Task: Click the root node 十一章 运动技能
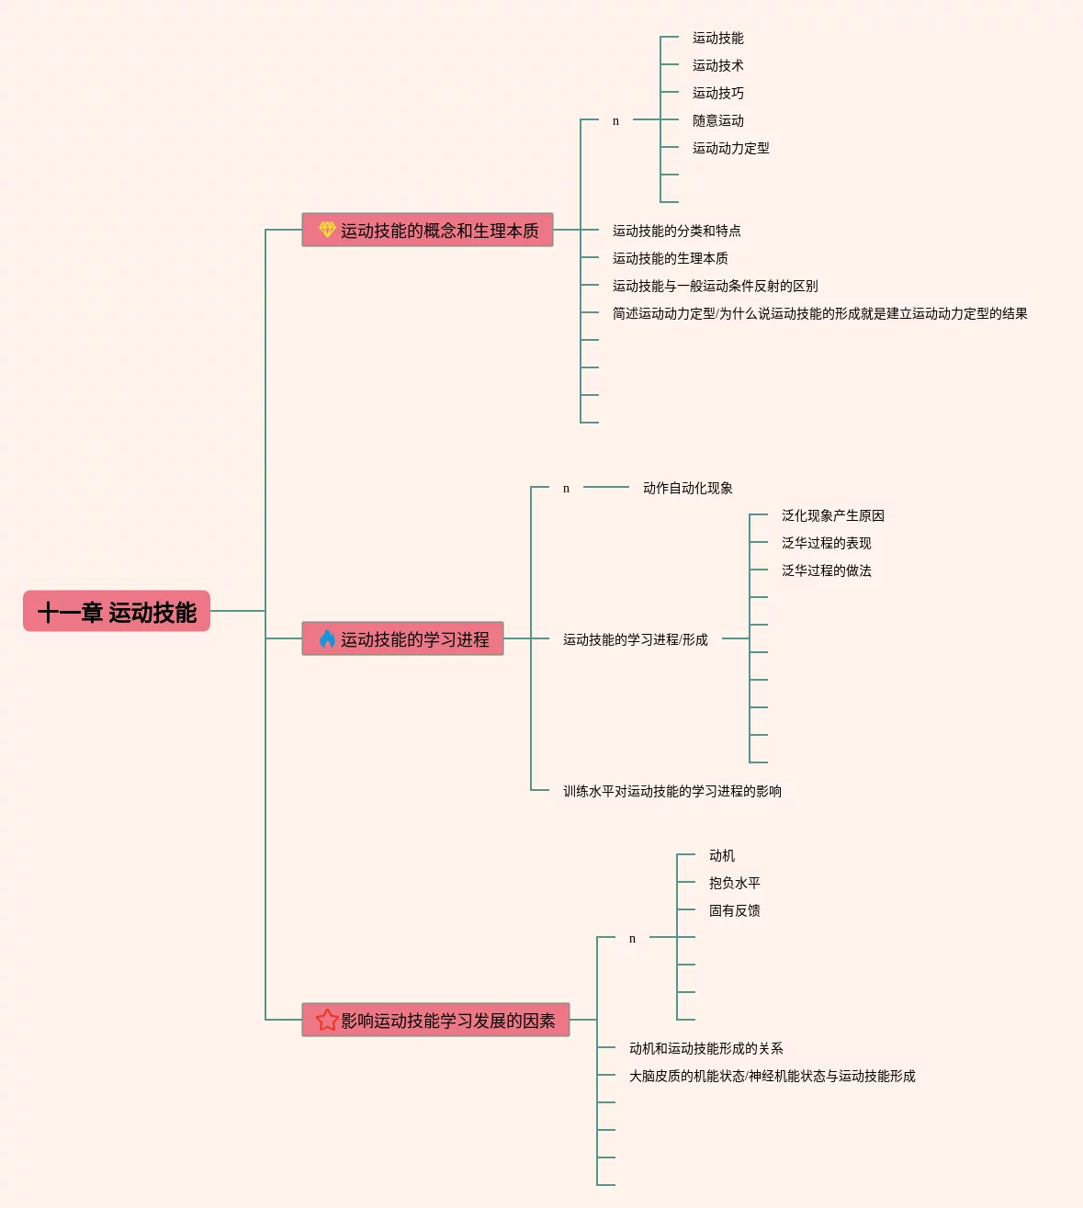117,612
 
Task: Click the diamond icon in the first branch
327,230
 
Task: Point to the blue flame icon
327,638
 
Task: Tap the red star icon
327,1020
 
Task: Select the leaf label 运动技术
717,65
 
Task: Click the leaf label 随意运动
717,120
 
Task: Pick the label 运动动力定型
730,148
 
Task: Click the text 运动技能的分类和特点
676,231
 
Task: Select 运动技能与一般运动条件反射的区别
715,286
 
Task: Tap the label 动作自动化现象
687,488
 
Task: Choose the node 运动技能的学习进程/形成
635,639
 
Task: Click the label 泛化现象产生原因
832,515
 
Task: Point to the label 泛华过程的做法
826,570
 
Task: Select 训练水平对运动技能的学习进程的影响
671,791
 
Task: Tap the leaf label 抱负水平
734,883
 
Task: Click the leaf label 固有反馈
734,910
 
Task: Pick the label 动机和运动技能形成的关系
705,1048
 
